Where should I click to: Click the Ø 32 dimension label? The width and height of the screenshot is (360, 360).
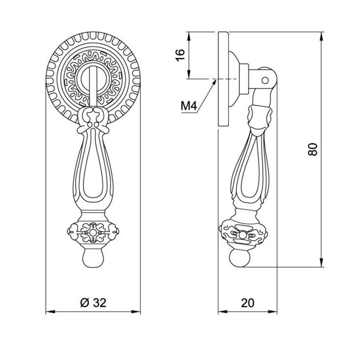pos(93,303)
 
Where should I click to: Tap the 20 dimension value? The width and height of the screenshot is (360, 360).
pos(247,303)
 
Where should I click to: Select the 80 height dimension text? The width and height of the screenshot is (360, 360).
pos(313,149)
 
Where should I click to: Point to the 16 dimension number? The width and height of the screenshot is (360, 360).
pos(180,55)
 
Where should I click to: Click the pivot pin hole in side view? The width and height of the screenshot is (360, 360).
pos(265,80)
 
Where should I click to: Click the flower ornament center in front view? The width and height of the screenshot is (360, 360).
pos(92,233)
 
